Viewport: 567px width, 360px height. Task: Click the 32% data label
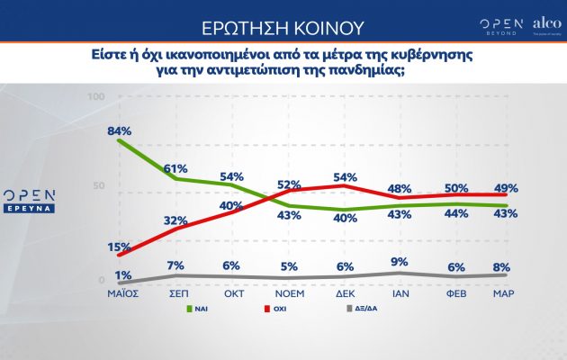(175, 220)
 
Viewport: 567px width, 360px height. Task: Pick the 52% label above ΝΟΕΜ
(288, 184)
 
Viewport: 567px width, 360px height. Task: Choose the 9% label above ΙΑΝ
(400, 264)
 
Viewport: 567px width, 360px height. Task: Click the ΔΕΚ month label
(345, 293)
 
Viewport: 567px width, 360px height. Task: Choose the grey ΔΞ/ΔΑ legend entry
(364, 308)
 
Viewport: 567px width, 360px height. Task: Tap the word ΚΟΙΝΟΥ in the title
(323, 22)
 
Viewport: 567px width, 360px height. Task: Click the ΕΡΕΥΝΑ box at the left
(31, 207)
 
